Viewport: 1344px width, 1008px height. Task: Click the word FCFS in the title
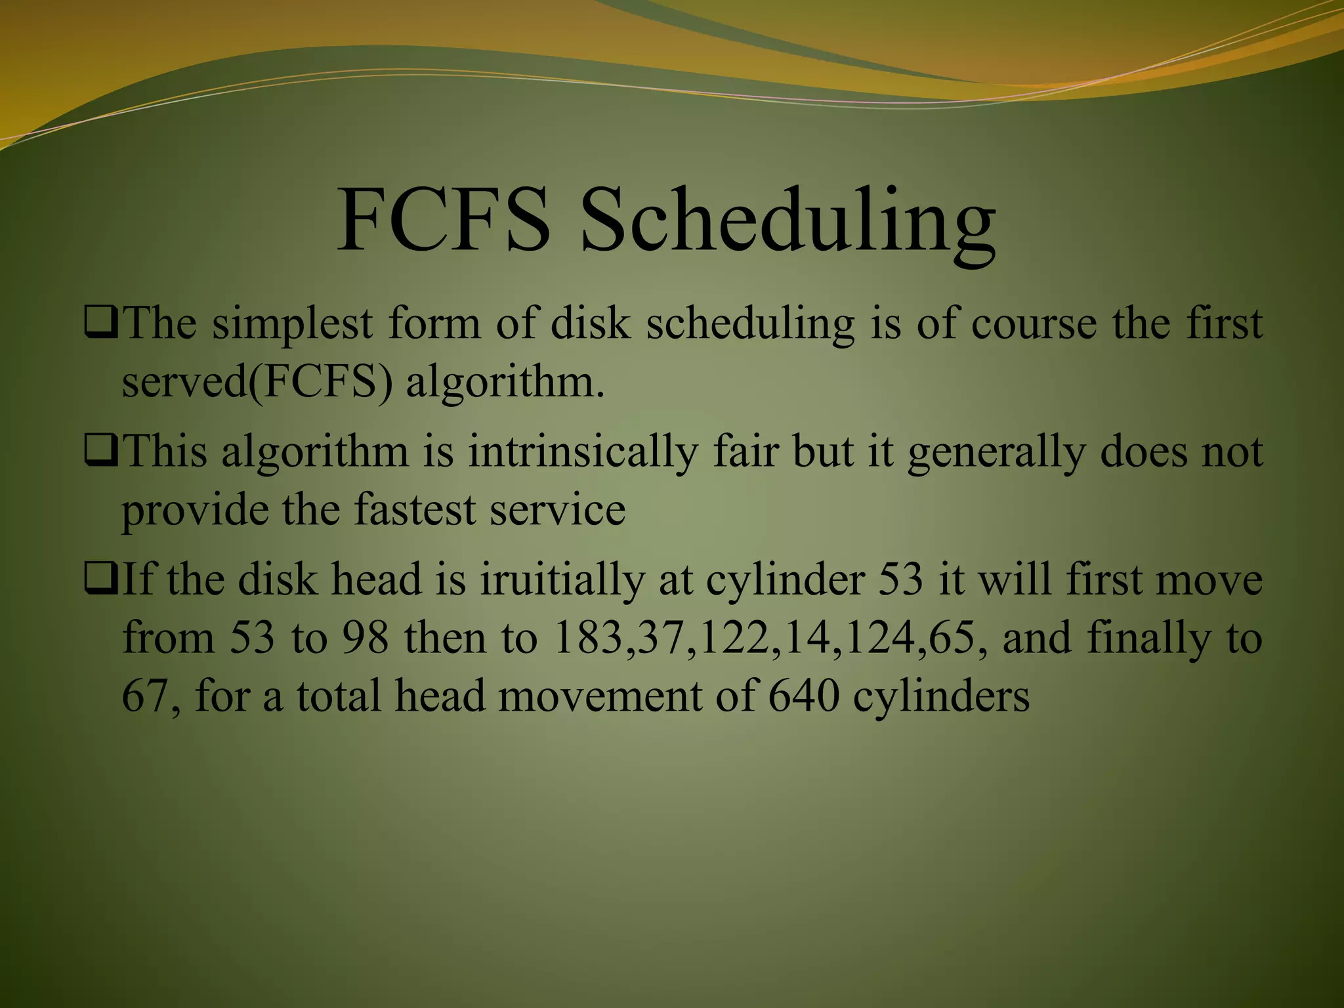pos(444,220)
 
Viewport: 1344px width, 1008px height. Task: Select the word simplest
pos(292,324)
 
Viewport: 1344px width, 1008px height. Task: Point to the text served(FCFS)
pos(257,382)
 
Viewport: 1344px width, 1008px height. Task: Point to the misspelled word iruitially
pos(562,581)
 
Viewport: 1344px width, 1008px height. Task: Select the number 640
pos(803,696)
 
